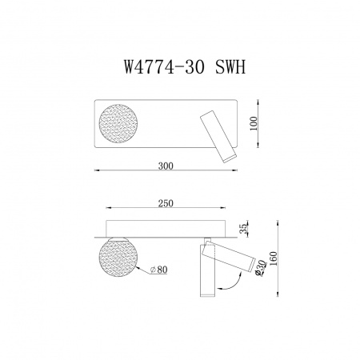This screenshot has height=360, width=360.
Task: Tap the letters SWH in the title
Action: [226, 68]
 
